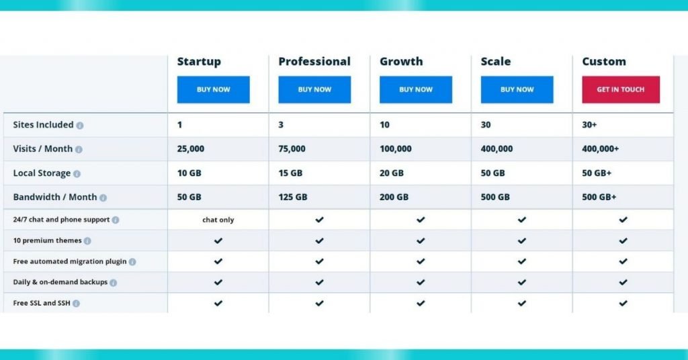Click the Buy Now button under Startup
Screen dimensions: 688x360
(213, 89)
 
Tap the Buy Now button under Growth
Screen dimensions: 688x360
(415, 89)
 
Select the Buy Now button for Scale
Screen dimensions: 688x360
(517, 89)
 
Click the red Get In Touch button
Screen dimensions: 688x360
(621, 89)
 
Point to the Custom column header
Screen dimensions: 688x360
(604, 61)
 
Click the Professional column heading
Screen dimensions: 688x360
(314, 61)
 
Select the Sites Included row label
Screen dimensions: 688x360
(44, 125)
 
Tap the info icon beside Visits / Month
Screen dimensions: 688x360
(79, 150)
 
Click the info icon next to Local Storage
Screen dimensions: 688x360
(77, 174)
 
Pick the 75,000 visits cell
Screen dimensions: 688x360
(292, 149)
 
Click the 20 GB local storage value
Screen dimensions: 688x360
(392, 173)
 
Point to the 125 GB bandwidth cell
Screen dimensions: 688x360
(293, 197)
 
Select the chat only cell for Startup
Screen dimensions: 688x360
(218, 220)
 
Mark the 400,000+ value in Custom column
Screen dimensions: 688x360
(600, 149)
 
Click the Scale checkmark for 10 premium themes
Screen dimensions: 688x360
(521, 240)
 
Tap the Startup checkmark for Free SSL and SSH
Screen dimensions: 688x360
(218, 303)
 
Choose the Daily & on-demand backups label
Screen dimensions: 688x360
(60, 282)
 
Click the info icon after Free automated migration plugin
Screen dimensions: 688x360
(132, 262)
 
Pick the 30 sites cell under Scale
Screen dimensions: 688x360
(486, 125)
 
